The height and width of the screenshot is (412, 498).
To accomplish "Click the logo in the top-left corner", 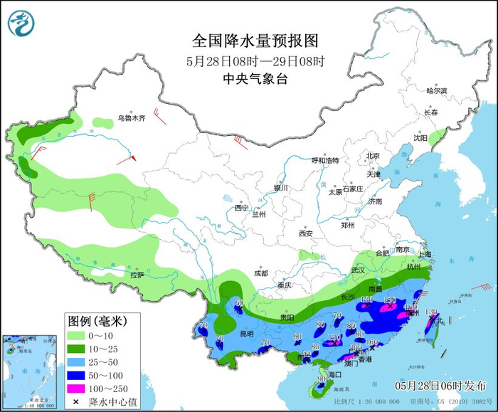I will (21, 22).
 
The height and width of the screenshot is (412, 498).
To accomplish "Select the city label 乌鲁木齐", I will (132, 118).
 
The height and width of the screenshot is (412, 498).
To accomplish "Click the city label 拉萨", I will (137, 274).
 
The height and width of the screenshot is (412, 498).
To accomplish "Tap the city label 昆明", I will (246, 333).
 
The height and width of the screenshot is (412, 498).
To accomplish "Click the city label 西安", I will (306, 233).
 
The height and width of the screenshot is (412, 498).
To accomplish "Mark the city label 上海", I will (425, 254).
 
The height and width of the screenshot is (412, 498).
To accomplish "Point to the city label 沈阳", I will (420, 138).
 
